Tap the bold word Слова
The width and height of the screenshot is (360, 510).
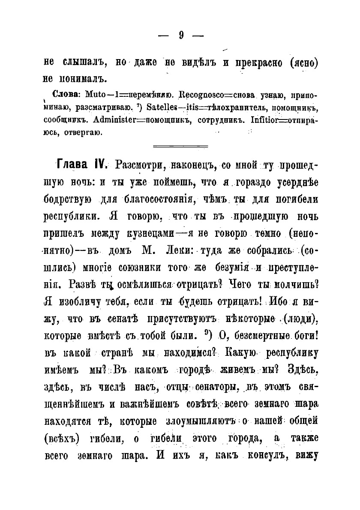coord(66,94)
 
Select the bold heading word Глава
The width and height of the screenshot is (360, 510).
coord(72,165)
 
